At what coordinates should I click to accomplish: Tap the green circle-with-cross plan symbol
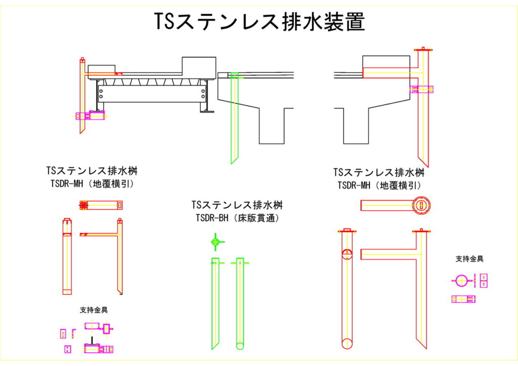click(215, 243)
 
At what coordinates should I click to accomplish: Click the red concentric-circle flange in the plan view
click(420, 205)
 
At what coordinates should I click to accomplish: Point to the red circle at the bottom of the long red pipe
click(347, 343)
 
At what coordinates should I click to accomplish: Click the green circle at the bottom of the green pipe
click(240, 346)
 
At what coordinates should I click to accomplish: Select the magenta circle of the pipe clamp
click(461, 281)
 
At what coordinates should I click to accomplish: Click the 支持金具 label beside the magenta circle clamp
click(469, 259)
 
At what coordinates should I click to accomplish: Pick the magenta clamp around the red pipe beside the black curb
click(421, 89)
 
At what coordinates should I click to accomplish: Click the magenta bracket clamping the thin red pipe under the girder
click(91, 116)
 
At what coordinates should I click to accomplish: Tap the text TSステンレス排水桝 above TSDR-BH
click(237, 206)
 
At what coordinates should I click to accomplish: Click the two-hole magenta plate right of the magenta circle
click(484, 281)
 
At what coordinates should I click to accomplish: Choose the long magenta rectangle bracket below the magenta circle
click(464, 299)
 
